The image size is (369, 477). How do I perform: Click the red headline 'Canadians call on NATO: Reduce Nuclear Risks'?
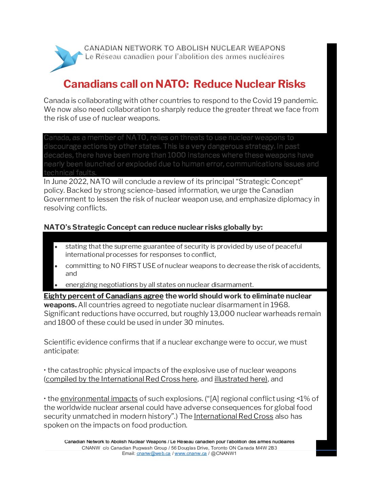click(184, 84)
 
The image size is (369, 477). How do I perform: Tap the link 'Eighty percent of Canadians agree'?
click(103, 296)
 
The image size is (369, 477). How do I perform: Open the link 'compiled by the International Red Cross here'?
click(121, 379)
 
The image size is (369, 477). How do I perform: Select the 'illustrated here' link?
click(240, 379)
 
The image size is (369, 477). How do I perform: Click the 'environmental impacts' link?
click(99, 399)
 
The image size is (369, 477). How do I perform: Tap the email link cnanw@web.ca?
click(153, 454)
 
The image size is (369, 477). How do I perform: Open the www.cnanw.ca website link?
click(190, 454)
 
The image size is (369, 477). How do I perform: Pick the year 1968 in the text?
click(279, 305)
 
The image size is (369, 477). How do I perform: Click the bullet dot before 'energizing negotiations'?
click(56, 285)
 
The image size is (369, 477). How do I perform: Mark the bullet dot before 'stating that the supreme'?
click(56, 247)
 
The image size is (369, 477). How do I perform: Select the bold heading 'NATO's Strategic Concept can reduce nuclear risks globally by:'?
click(153, 227)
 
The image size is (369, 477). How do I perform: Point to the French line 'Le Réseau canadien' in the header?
click(184, 57)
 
